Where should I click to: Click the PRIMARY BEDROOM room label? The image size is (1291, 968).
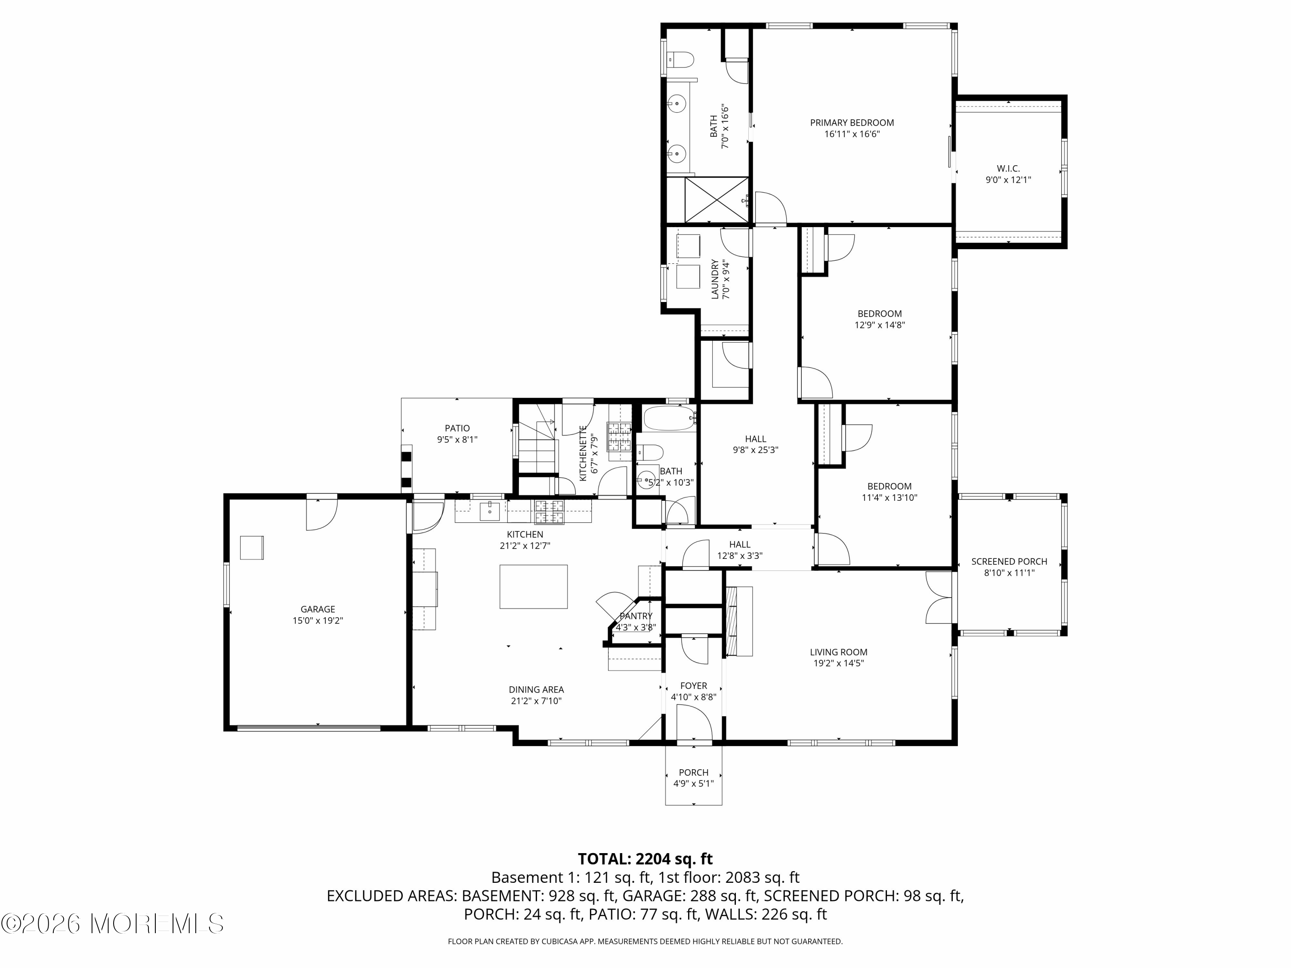point(852,123)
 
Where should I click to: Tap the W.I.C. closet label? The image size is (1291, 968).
point(1008,169)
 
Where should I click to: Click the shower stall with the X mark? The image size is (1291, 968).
point(716,200)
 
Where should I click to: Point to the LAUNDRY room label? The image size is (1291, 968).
point(715,279)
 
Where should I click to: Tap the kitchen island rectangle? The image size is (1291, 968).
point(533,586)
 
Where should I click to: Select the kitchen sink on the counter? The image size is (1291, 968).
point(489,511)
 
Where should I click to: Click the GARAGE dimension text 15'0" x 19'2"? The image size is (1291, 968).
point(318,621)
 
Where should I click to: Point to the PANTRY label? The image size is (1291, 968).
point(636,616)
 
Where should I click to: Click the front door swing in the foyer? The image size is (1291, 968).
point(694,722)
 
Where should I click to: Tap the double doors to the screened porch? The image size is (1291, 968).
point(939,598)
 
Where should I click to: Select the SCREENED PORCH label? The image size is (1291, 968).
point(1009,561)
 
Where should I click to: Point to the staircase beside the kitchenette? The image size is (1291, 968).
point(537,447)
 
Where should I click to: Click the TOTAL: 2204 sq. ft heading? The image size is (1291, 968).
point(645,859)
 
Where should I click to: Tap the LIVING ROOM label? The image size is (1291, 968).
point(838,652)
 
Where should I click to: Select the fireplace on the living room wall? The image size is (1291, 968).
point(738,621)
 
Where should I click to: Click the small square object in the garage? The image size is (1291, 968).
point(252,547)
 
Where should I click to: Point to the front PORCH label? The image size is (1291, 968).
point(693,772)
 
